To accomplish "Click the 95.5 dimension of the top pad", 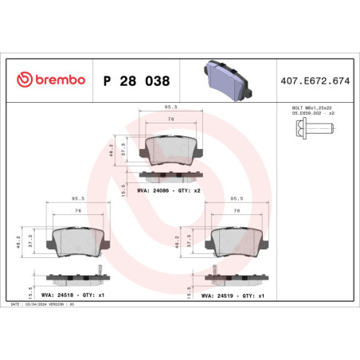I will tap(169, 106).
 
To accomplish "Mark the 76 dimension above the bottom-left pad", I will tap(76, 210).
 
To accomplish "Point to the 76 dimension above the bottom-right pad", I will tap(236, 210).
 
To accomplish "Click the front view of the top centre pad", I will tap(169, 148).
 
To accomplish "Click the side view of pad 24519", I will tap(236, 279).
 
